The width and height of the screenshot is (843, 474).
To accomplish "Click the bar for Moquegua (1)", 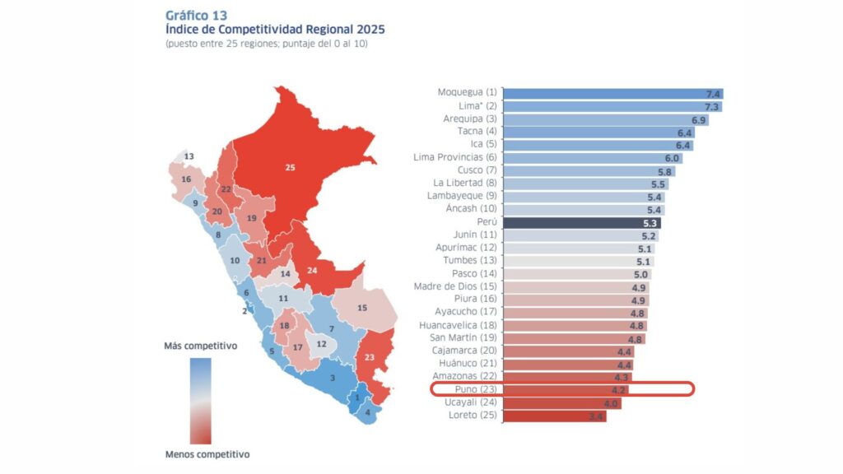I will click(x=612, y=93).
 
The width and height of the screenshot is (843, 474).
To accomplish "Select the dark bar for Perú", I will click(x=581, y=222).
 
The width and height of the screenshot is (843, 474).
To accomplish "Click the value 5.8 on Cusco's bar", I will click(x=664, y=171).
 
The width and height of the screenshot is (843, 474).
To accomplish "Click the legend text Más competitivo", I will click(x=201, y=346).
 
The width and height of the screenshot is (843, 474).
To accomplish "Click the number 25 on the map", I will click(x=290, y=167).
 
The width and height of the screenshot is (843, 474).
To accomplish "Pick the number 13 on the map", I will click(x=189, y=156).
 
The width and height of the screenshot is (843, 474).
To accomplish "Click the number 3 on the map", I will click(x=332, y=378).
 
